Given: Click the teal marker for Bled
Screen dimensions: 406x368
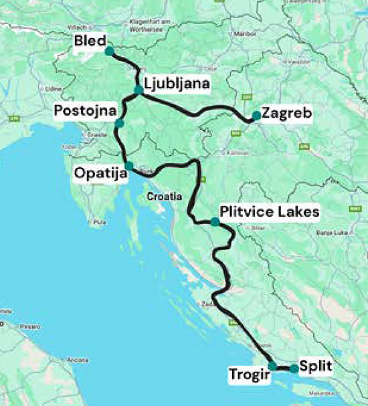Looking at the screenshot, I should coord(109,51).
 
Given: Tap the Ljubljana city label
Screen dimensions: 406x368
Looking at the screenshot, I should coord(177,84).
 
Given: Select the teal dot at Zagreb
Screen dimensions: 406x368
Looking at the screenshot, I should coord(256,116).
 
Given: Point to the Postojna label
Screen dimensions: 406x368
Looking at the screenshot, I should coord(86,110).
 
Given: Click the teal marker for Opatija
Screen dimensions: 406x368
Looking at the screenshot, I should coord(128,165).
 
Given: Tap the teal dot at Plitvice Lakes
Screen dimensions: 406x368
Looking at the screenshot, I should coord(214,221).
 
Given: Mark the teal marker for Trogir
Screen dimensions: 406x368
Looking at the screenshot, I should coord(272,365).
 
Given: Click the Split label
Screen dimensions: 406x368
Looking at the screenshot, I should coord(316,366).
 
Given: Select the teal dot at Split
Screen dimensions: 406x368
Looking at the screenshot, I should coord(294,369).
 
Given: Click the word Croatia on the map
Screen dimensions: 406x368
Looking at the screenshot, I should coord(165,197).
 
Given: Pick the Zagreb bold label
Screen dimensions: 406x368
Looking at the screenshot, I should coord(287,113).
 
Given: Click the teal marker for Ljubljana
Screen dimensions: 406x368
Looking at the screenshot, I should coord(138,90).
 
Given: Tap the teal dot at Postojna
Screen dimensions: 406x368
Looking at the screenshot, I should coord(118,123).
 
